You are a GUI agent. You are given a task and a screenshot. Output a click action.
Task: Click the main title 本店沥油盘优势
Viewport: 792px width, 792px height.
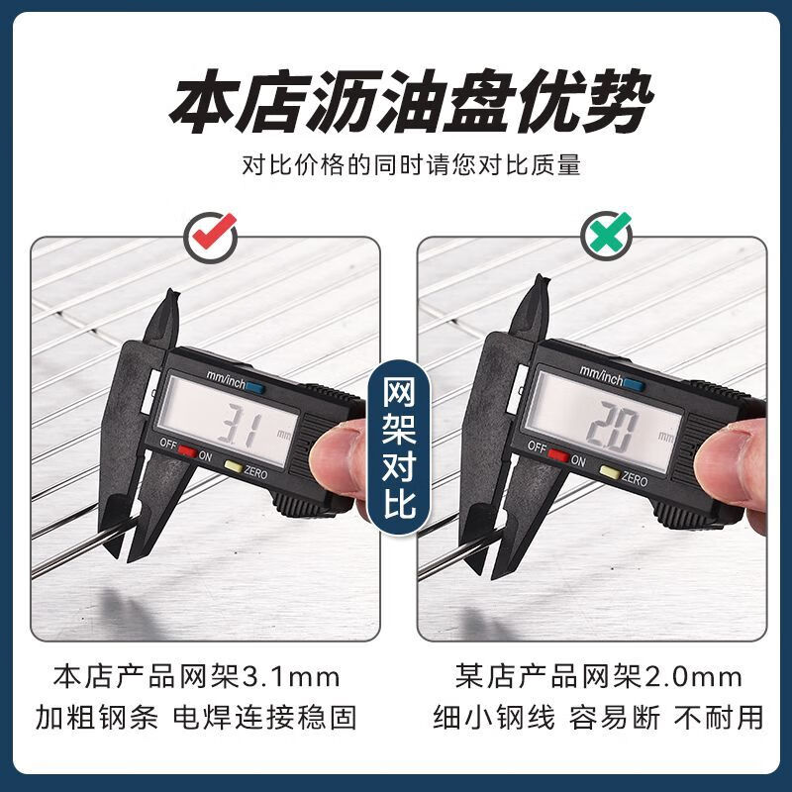point(396,101)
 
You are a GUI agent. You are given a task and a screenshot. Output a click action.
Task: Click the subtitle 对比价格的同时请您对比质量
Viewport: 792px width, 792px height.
point(396,165)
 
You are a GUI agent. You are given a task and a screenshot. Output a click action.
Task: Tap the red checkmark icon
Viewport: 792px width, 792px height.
point(212,236)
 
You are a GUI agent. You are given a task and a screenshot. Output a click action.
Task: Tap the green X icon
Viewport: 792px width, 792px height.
point(604,236)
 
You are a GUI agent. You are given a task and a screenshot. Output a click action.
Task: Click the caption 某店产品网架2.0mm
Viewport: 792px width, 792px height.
point(598,677)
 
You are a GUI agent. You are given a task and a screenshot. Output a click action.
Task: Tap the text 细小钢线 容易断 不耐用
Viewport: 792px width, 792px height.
point(598,719)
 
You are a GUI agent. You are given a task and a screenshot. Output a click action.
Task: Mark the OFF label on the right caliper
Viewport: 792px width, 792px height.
point(536,447)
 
